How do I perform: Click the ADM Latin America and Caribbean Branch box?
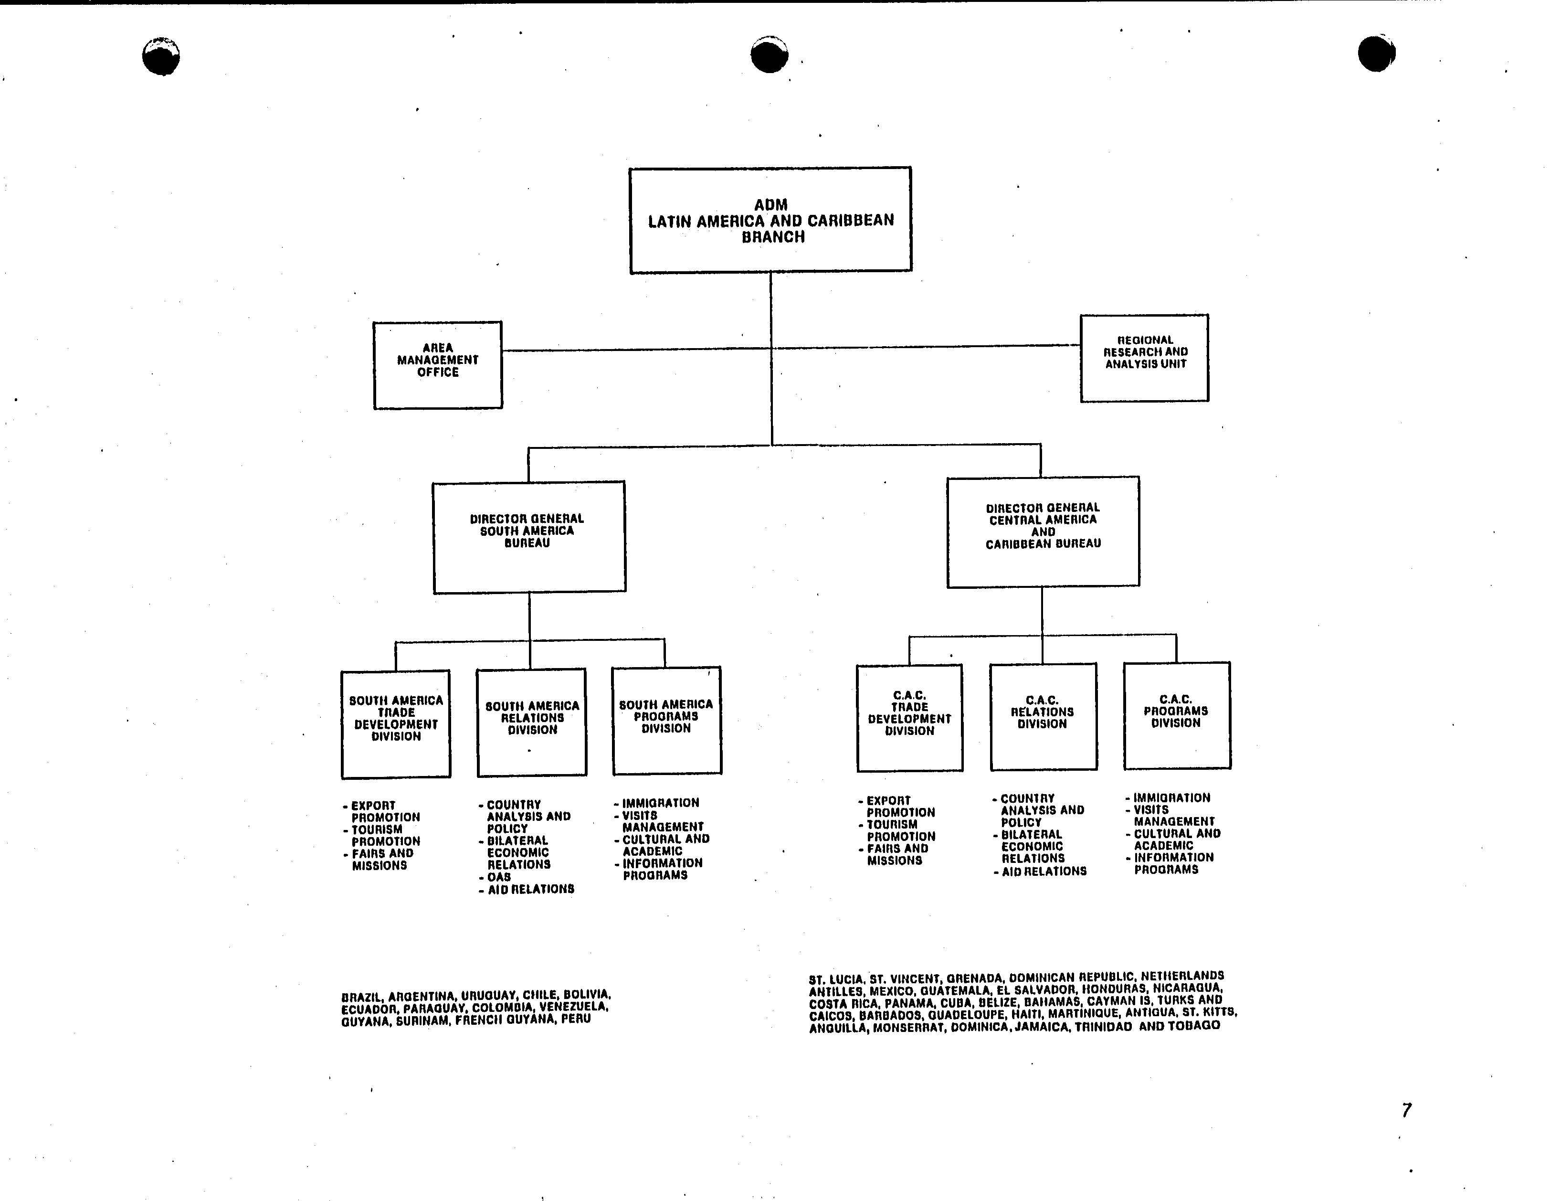point(771,220)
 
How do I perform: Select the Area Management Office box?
point(438,365)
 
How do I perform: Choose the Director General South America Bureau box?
point(529,537)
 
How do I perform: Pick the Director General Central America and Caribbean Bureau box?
point(1043,531)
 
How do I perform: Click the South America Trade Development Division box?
point(396,724)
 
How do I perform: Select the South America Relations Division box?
point(532,722)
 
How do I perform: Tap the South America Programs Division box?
point(667,721)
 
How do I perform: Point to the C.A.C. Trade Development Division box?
point(910,718)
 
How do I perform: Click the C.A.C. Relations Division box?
point(1043,717)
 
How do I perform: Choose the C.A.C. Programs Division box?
point(1177,715)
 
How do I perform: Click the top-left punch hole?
point(161,56)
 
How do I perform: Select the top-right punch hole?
point(1377,53)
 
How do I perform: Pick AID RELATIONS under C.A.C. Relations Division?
point(1041,871)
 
